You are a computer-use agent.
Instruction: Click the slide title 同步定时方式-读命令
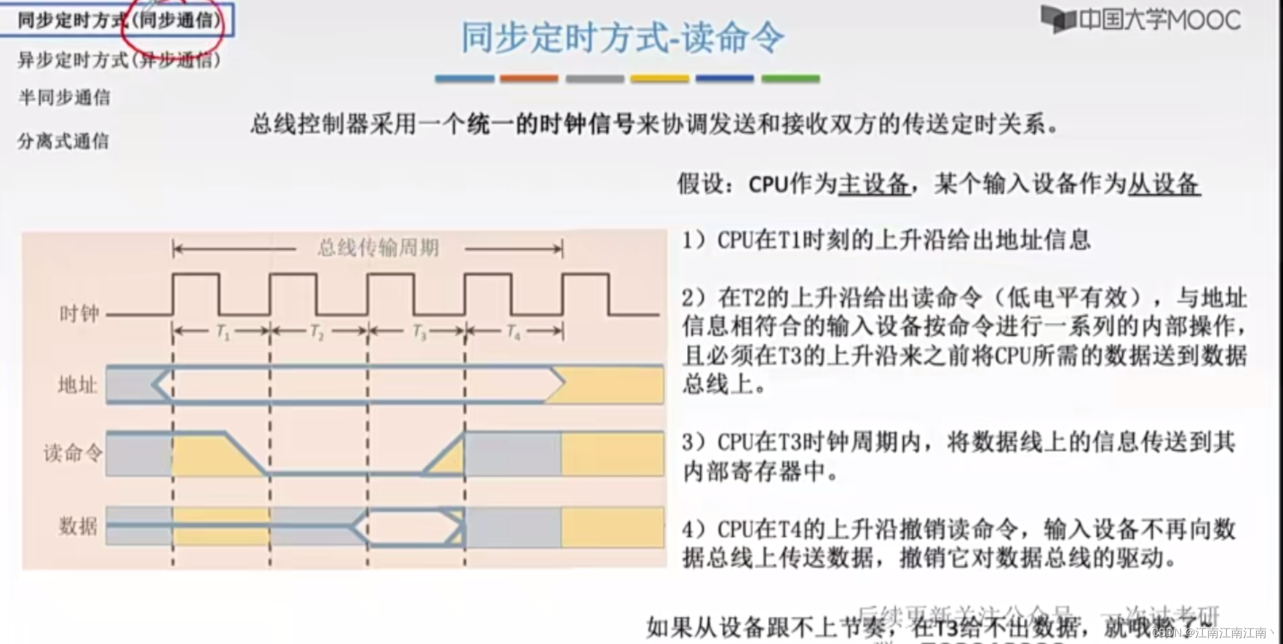tap(622, 37)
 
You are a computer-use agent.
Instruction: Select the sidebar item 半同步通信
tap(64, 97)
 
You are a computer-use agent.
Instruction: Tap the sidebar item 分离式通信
tap(63, 141)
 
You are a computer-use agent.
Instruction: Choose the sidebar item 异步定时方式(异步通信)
tap(119, 60)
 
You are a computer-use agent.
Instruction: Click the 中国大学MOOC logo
tap(1141, 20)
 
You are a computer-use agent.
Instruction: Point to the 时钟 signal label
tap(79, 313)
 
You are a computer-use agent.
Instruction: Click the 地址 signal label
tap(77, 385)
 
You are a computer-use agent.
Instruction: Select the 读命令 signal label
tap(73, 453)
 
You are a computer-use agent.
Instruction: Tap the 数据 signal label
tap(78, 526)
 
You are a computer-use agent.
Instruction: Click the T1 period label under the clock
tap(223, 331)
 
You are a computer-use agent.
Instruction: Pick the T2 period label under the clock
tap(317, 331)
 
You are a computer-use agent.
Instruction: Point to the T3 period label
tap(419, 331)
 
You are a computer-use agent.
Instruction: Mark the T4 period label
tap(513, 331)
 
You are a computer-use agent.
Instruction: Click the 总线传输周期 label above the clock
tap(379, 248)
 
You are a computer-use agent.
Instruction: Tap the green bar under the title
tap(790, 78)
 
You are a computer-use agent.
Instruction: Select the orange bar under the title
tap(529, 78)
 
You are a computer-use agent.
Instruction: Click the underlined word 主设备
tap(873, 184)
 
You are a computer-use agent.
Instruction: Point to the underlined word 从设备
tap(1164, 184)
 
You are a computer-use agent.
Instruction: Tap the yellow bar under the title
tap(659, 78)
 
